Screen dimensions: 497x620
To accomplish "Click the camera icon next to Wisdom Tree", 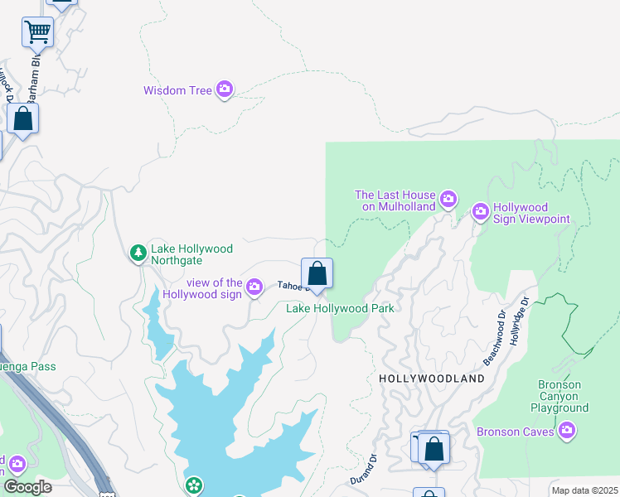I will point(225,89).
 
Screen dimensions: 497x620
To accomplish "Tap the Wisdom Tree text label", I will point(177,90).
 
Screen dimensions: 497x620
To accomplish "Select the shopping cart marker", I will point(37,33).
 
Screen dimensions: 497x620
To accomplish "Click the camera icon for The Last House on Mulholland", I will point(448,199).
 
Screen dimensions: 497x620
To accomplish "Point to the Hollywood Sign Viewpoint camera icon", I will point(481,212).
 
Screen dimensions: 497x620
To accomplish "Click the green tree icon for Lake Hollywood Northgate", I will point(138,253).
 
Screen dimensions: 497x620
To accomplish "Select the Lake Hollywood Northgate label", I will point(191,253).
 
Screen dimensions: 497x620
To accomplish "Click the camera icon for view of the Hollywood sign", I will point(254,287).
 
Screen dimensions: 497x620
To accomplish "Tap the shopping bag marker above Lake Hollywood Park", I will point(316,273).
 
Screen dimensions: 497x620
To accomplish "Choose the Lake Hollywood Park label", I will point(339,309).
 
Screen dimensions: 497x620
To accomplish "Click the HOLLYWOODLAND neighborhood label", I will point(431,379).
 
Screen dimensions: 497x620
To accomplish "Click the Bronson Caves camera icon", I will point(567,430).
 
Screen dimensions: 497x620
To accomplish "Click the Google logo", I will point(27,486).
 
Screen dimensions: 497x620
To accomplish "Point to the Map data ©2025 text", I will point(584,490).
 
